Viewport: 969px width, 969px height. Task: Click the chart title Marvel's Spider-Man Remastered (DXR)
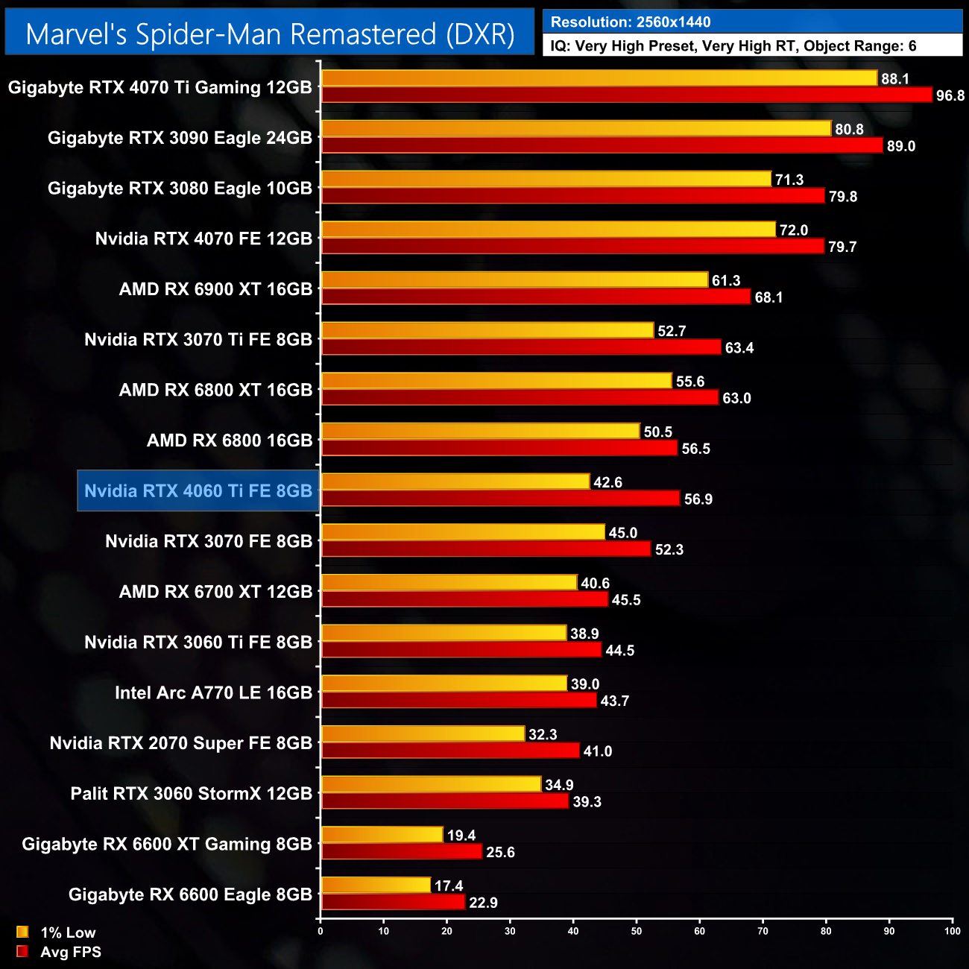(270, 34)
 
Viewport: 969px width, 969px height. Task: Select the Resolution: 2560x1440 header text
(631, 22)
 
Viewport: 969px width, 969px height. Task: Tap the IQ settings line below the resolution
(733, 46)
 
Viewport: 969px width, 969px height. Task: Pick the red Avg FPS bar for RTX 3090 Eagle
(602, 145)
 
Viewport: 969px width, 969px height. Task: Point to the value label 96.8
(950, 95)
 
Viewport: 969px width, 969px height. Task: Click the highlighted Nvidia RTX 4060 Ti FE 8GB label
(198, 490)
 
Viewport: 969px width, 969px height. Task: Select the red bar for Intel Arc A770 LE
(458, 701)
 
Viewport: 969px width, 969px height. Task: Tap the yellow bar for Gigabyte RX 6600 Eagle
(376, 886)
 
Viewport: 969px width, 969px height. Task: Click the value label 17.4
(449, 886)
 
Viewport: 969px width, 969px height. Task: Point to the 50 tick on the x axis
(637, 930)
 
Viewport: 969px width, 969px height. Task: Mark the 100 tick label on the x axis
(952, 930)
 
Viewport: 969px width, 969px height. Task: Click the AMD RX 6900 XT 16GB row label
(215, 289)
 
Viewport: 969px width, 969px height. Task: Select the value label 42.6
(607, 482)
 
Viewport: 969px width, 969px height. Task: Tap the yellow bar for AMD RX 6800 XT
(496, 381)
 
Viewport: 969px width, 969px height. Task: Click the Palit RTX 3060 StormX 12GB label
(191, 793)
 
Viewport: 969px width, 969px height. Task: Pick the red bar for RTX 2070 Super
(449, 751)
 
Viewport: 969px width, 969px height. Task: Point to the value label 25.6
(500, 852)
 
